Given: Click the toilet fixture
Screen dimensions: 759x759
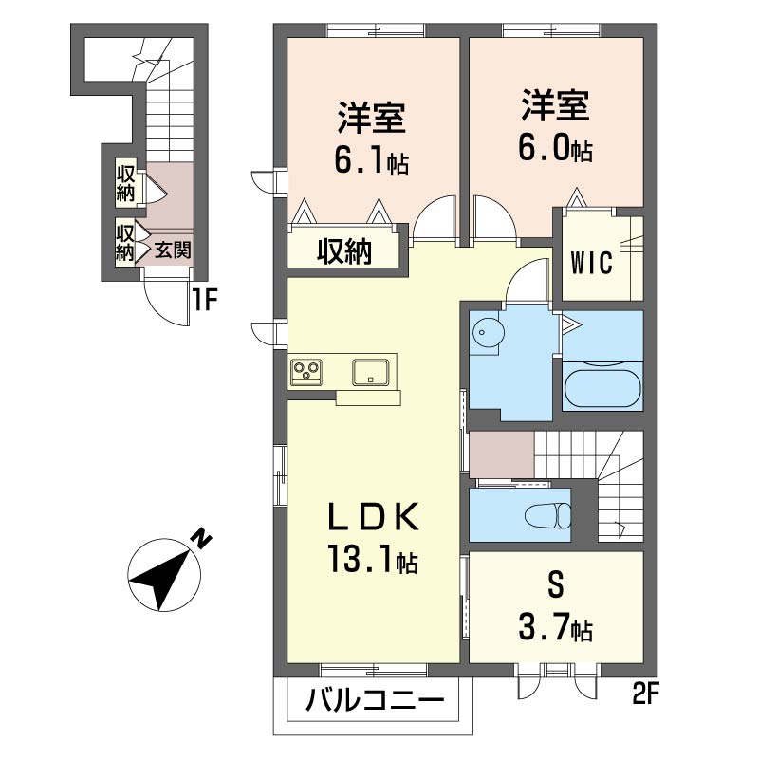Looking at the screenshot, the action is pyautogui.click(x=548, y=515).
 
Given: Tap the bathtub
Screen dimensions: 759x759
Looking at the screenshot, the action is pyautogui.click(x=602, y=389).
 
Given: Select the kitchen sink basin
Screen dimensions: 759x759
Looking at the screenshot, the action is pyautogui.click(x=370, y=372).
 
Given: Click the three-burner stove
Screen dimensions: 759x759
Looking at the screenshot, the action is pyautogui.click(x=306, y=372).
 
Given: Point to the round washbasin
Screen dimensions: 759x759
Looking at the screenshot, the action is pyautogui.click(x=488, y=332).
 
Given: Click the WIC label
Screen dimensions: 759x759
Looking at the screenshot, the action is pyautogui.click(x=591, y=263).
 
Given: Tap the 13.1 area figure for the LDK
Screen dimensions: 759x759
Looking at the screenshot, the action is pyautogui.click(x=373, y=558).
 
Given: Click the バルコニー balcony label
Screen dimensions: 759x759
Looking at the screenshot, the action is pyautogui.click(x=375, y=700).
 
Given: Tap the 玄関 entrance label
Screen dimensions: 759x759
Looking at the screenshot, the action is pyautogui.click(x=173, y=250).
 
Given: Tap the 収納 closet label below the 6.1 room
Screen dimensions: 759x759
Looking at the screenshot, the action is pyautogui.click(x=344, y=251).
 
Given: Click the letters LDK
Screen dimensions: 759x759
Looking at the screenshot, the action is pyautogui.click(x=373, y=517).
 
